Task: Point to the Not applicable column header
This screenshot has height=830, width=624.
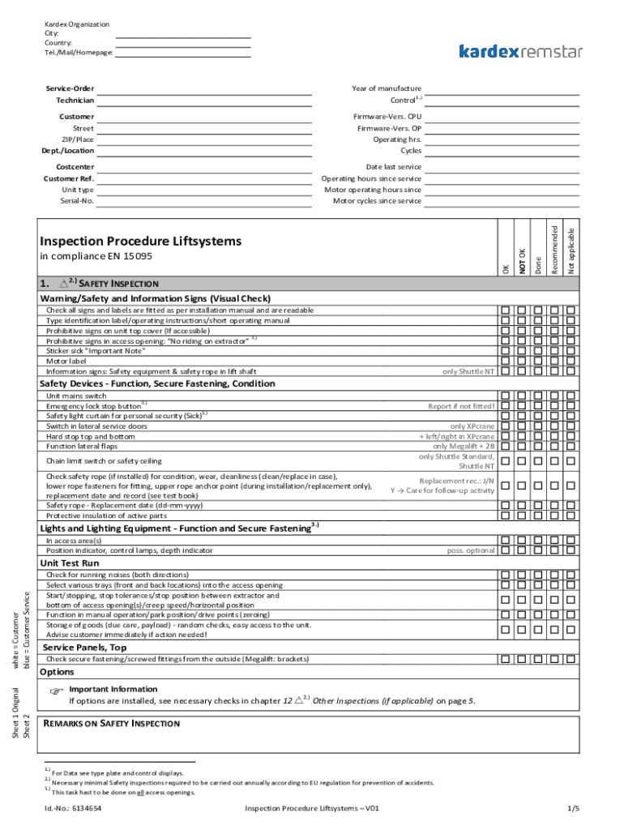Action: (571, 250)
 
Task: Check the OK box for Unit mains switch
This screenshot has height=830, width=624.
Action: (505, 396)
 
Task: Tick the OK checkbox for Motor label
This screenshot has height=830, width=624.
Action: (505, 362)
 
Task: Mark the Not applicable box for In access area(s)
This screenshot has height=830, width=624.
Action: (571, 540)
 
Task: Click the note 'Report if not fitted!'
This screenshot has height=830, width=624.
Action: (461, 406)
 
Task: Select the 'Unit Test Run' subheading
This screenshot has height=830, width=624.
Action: (70, 563)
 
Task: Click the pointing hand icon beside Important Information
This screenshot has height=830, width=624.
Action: (55, 691)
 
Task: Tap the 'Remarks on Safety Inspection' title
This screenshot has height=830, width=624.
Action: (111, 723)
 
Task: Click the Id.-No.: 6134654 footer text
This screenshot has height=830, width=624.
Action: (74, 809)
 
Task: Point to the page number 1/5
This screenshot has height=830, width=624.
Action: (574, 809)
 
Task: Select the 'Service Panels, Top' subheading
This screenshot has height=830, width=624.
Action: (84, 648)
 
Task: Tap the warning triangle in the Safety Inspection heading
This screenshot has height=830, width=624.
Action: (62, 284)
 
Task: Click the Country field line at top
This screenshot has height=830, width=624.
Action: (182, 45)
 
